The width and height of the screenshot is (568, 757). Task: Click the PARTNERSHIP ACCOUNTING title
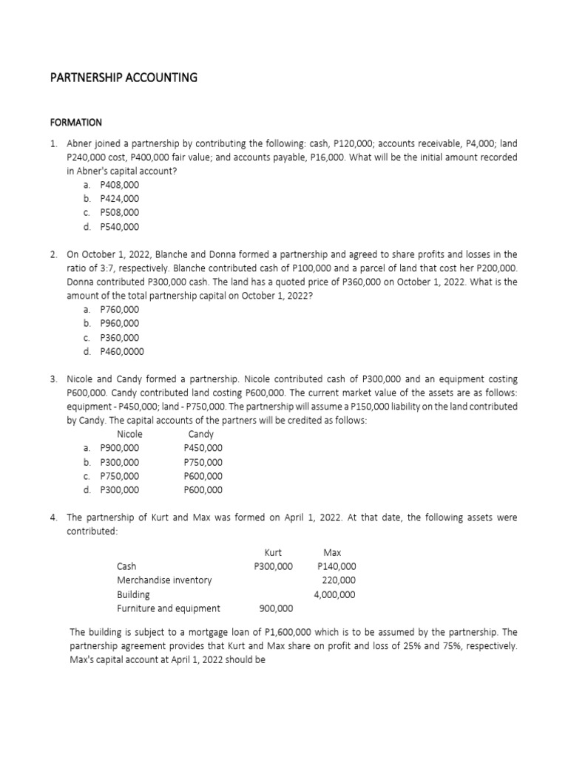[123, 77]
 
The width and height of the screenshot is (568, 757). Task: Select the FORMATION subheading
[75, 122]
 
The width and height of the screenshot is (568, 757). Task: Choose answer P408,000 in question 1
[119, 185]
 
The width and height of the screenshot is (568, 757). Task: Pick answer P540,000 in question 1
[119, 227]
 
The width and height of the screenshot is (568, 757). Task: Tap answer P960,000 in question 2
[119, 323]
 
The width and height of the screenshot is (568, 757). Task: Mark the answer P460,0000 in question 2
[122, 351]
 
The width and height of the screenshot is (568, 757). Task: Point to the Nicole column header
[130, 434]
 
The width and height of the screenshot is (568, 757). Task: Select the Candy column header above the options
[201, 434]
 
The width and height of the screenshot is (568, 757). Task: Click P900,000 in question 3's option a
[119, 448]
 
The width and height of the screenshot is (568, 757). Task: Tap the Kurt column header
[273, 552]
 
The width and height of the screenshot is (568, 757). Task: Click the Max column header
[332, 552]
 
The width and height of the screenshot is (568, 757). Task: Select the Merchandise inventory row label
[164, 580]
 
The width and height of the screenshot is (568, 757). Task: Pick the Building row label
[133, 594]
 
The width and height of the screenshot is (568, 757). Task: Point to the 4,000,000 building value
[334, 594]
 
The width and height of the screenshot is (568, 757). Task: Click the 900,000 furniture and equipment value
[276, 608]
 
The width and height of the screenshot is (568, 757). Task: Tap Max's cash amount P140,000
[337, 566]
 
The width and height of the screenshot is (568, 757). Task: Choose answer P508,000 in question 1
[119, 213]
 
